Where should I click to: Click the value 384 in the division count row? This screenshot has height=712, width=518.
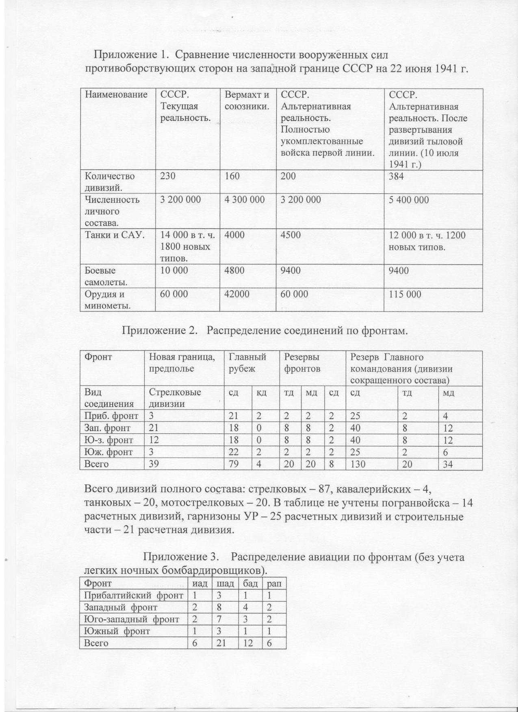click(396, 176)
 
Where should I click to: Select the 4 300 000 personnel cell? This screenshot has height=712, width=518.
click(245, 200)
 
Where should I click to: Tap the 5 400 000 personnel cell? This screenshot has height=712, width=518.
click(409, 200)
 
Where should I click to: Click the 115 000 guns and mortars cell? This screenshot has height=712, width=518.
click(405, 294)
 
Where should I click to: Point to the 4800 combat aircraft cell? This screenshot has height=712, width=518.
click(234, 271)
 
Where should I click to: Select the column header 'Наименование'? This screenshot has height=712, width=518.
click(116, 95)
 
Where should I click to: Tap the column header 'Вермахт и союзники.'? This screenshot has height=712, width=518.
click(247, 101)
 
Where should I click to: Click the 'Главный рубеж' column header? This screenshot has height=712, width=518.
click(247, 363)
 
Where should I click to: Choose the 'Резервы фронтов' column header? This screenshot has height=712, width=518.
click(302, 363)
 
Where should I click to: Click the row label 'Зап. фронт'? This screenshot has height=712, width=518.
click(107, 428)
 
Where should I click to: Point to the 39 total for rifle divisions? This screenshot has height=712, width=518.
click(154, 464)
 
